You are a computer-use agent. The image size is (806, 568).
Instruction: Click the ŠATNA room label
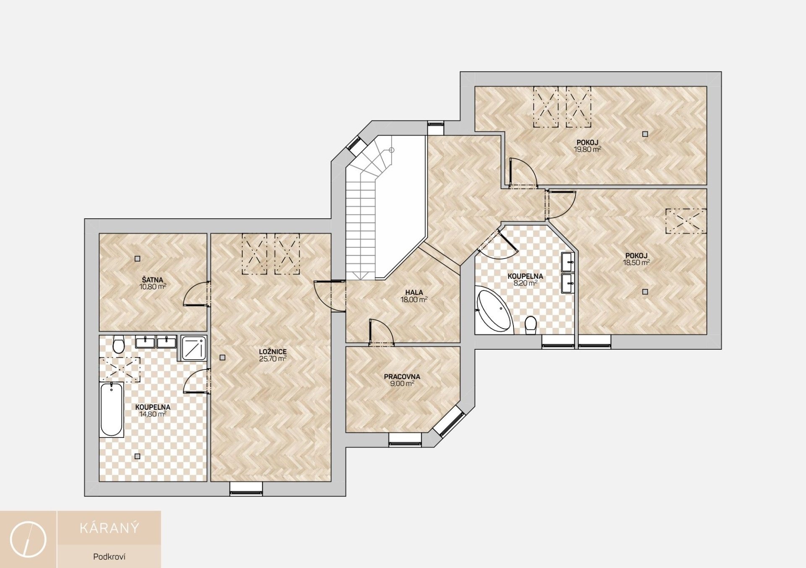(x=152, y=280)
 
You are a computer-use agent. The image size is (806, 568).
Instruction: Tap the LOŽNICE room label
(x=273, y=352)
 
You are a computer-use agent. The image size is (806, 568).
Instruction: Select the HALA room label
(x=414, y=293)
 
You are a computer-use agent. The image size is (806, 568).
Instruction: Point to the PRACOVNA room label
(x=402, y=377)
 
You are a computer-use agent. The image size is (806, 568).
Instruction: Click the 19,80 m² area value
(x=587, y=149)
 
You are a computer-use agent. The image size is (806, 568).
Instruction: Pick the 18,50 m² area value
(x=636, y=262)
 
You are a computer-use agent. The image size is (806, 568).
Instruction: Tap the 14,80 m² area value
(x=153, y=414)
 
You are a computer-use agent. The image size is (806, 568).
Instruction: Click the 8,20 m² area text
(x=526, y=283)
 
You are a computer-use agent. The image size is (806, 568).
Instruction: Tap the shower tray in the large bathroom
(x=194, y=348)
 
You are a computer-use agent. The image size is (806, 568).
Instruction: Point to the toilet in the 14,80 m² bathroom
(x=118, y=345)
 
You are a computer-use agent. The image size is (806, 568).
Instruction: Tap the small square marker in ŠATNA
(x=137, y=259)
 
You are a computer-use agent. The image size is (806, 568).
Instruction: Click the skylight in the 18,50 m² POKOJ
(x=686, y=221)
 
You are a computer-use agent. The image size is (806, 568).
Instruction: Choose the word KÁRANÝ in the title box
(x=109, y=528)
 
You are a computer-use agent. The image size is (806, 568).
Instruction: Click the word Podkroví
(x=109, y=557)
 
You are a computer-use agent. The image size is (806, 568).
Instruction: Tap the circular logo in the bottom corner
(x=28, y=540)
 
